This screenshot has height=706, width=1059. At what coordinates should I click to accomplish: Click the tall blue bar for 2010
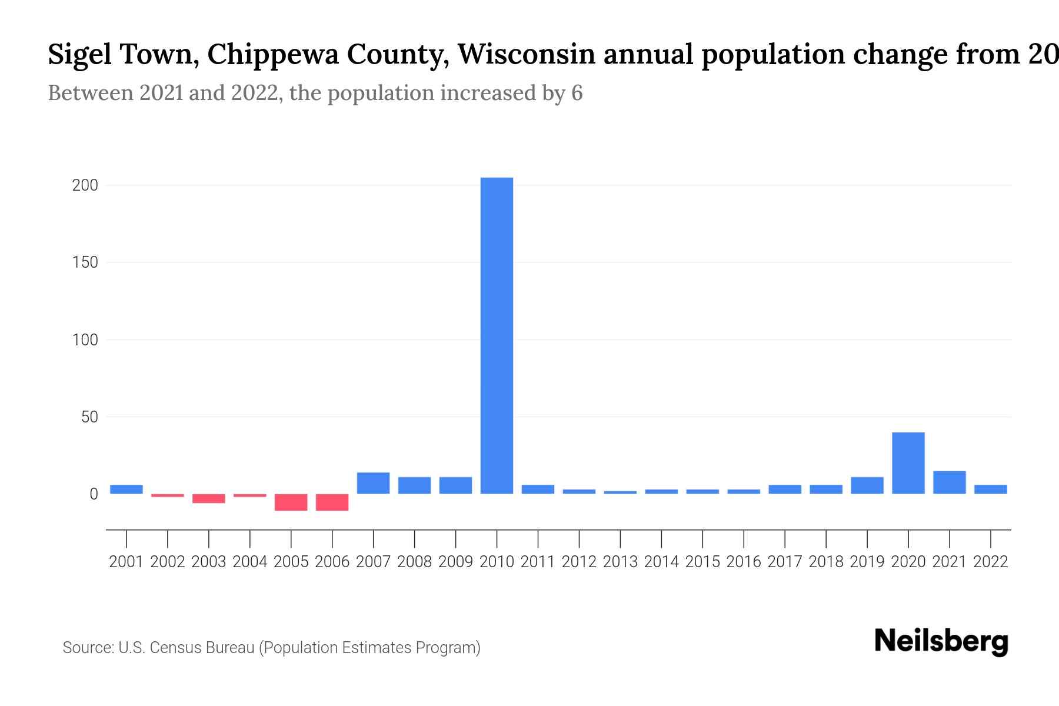pyautogui.click(x=497, y=335)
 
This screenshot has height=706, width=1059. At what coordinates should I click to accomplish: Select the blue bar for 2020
pyautogui.click(x=908, y=463)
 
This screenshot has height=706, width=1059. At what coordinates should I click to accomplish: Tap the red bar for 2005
pyautogui.click(x=291, y=502)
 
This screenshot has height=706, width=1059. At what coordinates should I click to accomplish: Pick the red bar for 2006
pyautogui.click(x=332, y=502)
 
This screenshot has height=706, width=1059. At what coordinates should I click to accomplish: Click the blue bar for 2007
pyautogui.click(x=373, y=483)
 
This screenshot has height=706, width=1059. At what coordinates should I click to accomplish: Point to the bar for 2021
pyautogui.click(x=950, y=482)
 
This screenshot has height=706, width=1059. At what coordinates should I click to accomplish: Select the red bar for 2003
pyautogui.click(x=209, y=498)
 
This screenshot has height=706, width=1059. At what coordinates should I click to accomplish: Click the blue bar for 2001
pyautogui.click(x=126, y=489)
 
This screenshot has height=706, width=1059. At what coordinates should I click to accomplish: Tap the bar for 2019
pyautogui.click(x=867, y=485)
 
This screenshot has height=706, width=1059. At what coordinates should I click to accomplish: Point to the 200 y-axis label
pyautogui.click(x=85, y=185)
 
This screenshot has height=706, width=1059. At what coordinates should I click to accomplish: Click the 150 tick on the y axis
pyautogui.click(x=85, y=262)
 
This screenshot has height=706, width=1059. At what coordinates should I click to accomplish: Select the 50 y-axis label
pyautogui.click(x=89, y=417)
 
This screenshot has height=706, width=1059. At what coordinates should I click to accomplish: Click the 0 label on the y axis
pyautogui.click(x=94, y=494)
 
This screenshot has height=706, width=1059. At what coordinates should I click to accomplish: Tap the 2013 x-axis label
pyautogui.click(x=620, y=562)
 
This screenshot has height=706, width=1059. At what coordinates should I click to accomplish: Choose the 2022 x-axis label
pyautogui.click(x=991, y=562)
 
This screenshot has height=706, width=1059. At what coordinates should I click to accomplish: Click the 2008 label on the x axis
pyautogui.click(x=415, y=562)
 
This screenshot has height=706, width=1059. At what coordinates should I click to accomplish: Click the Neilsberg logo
pyautogui.click(x=941, y=641)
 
